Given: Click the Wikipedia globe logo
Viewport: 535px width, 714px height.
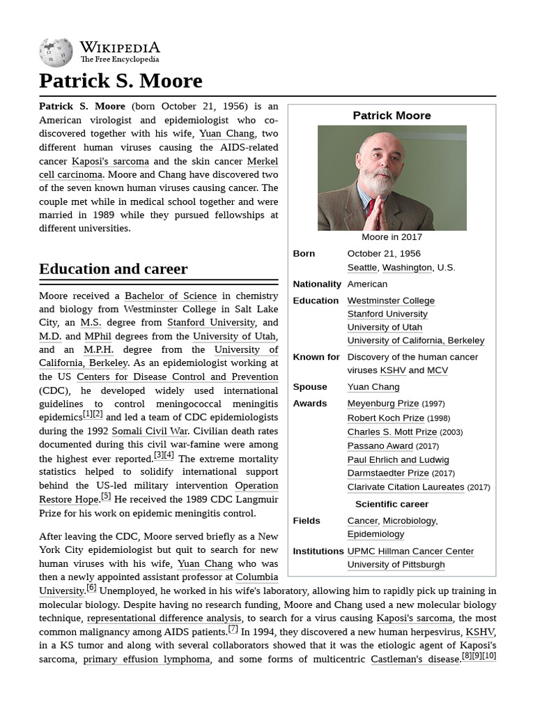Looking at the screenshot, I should (56, 52).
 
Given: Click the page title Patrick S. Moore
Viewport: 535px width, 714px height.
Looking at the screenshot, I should (121, 81).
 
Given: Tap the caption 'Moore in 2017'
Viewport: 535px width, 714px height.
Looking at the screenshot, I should (391, 237).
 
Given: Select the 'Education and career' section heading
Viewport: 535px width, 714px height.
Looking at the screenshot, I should (113, 269).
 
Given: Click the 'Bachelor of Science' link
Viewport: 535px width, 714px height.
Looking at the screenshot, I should (171, 296).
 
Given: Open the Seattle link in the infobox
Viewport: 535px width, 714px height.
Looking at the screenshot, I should (362, 267).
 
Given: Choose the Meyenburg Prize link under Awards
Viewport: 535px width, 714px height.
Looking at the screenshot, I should (382, 403).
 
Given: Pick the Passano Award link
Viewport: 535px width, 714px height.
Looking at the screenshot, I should (380, 445).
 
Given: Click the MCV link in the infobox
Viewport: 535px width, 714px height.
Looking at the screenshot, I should (437, 370).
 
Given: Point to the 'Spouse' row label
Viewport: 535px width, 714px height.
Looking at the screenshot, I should (310, 387).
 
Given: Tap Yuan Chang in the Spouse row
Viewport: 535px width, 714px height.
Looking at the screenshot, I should (373, 387).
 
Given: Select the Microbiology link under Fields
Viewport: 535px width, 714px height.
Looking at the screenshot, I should (409, 521).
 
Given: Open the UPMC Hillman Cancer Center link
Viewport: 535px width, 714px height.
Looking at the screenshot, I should (410, 551).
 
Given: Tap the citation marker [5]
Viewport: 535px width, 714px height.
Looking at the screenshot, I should (106, 496).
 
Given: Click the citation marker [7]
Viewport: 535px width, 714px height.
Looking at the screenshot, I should (233, 628).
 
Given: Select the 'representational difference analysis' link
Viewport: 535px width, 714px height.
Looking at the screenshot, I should (164, 618).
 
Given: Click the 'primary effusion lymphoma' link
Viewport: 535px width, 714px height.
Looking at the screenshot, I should (146, 659).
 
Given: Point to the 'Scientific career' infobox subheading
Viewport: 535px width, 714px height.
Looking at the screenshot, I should (391, 504).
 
